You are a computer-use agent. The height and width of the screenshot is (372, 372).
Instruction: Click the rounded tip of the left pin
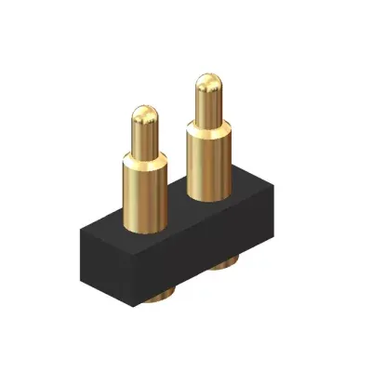(143, 115)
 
